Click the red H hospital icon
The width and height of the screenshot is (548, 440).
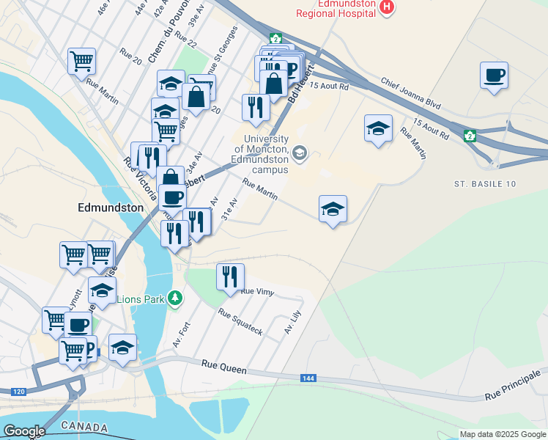388,7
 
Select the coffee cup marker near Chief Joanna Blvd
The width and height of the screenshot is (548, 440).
494,75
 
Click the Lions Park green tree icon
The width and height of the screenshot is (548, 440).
174,298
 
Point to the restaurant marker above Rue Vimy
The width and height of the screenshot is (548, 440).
230,277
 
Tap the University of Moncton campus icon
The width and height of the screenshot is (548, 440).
299,153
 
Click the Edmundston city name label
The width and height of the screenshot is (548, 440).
111,208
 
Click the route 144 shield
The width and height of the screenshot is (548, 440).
308,378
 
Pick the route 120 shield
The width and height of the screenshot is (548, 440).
19,392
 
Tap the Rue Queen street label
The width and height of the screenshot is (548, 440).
220,364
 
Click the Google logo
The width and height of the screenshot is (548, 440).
24,431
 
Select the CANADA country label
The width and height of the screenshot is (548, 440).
84,427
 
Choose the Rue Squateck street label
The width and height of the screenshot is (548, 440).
240,322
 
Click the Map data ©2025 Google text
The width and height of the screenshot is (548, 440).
503,434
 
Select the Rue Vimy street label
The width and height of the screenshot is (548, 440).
257,292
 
